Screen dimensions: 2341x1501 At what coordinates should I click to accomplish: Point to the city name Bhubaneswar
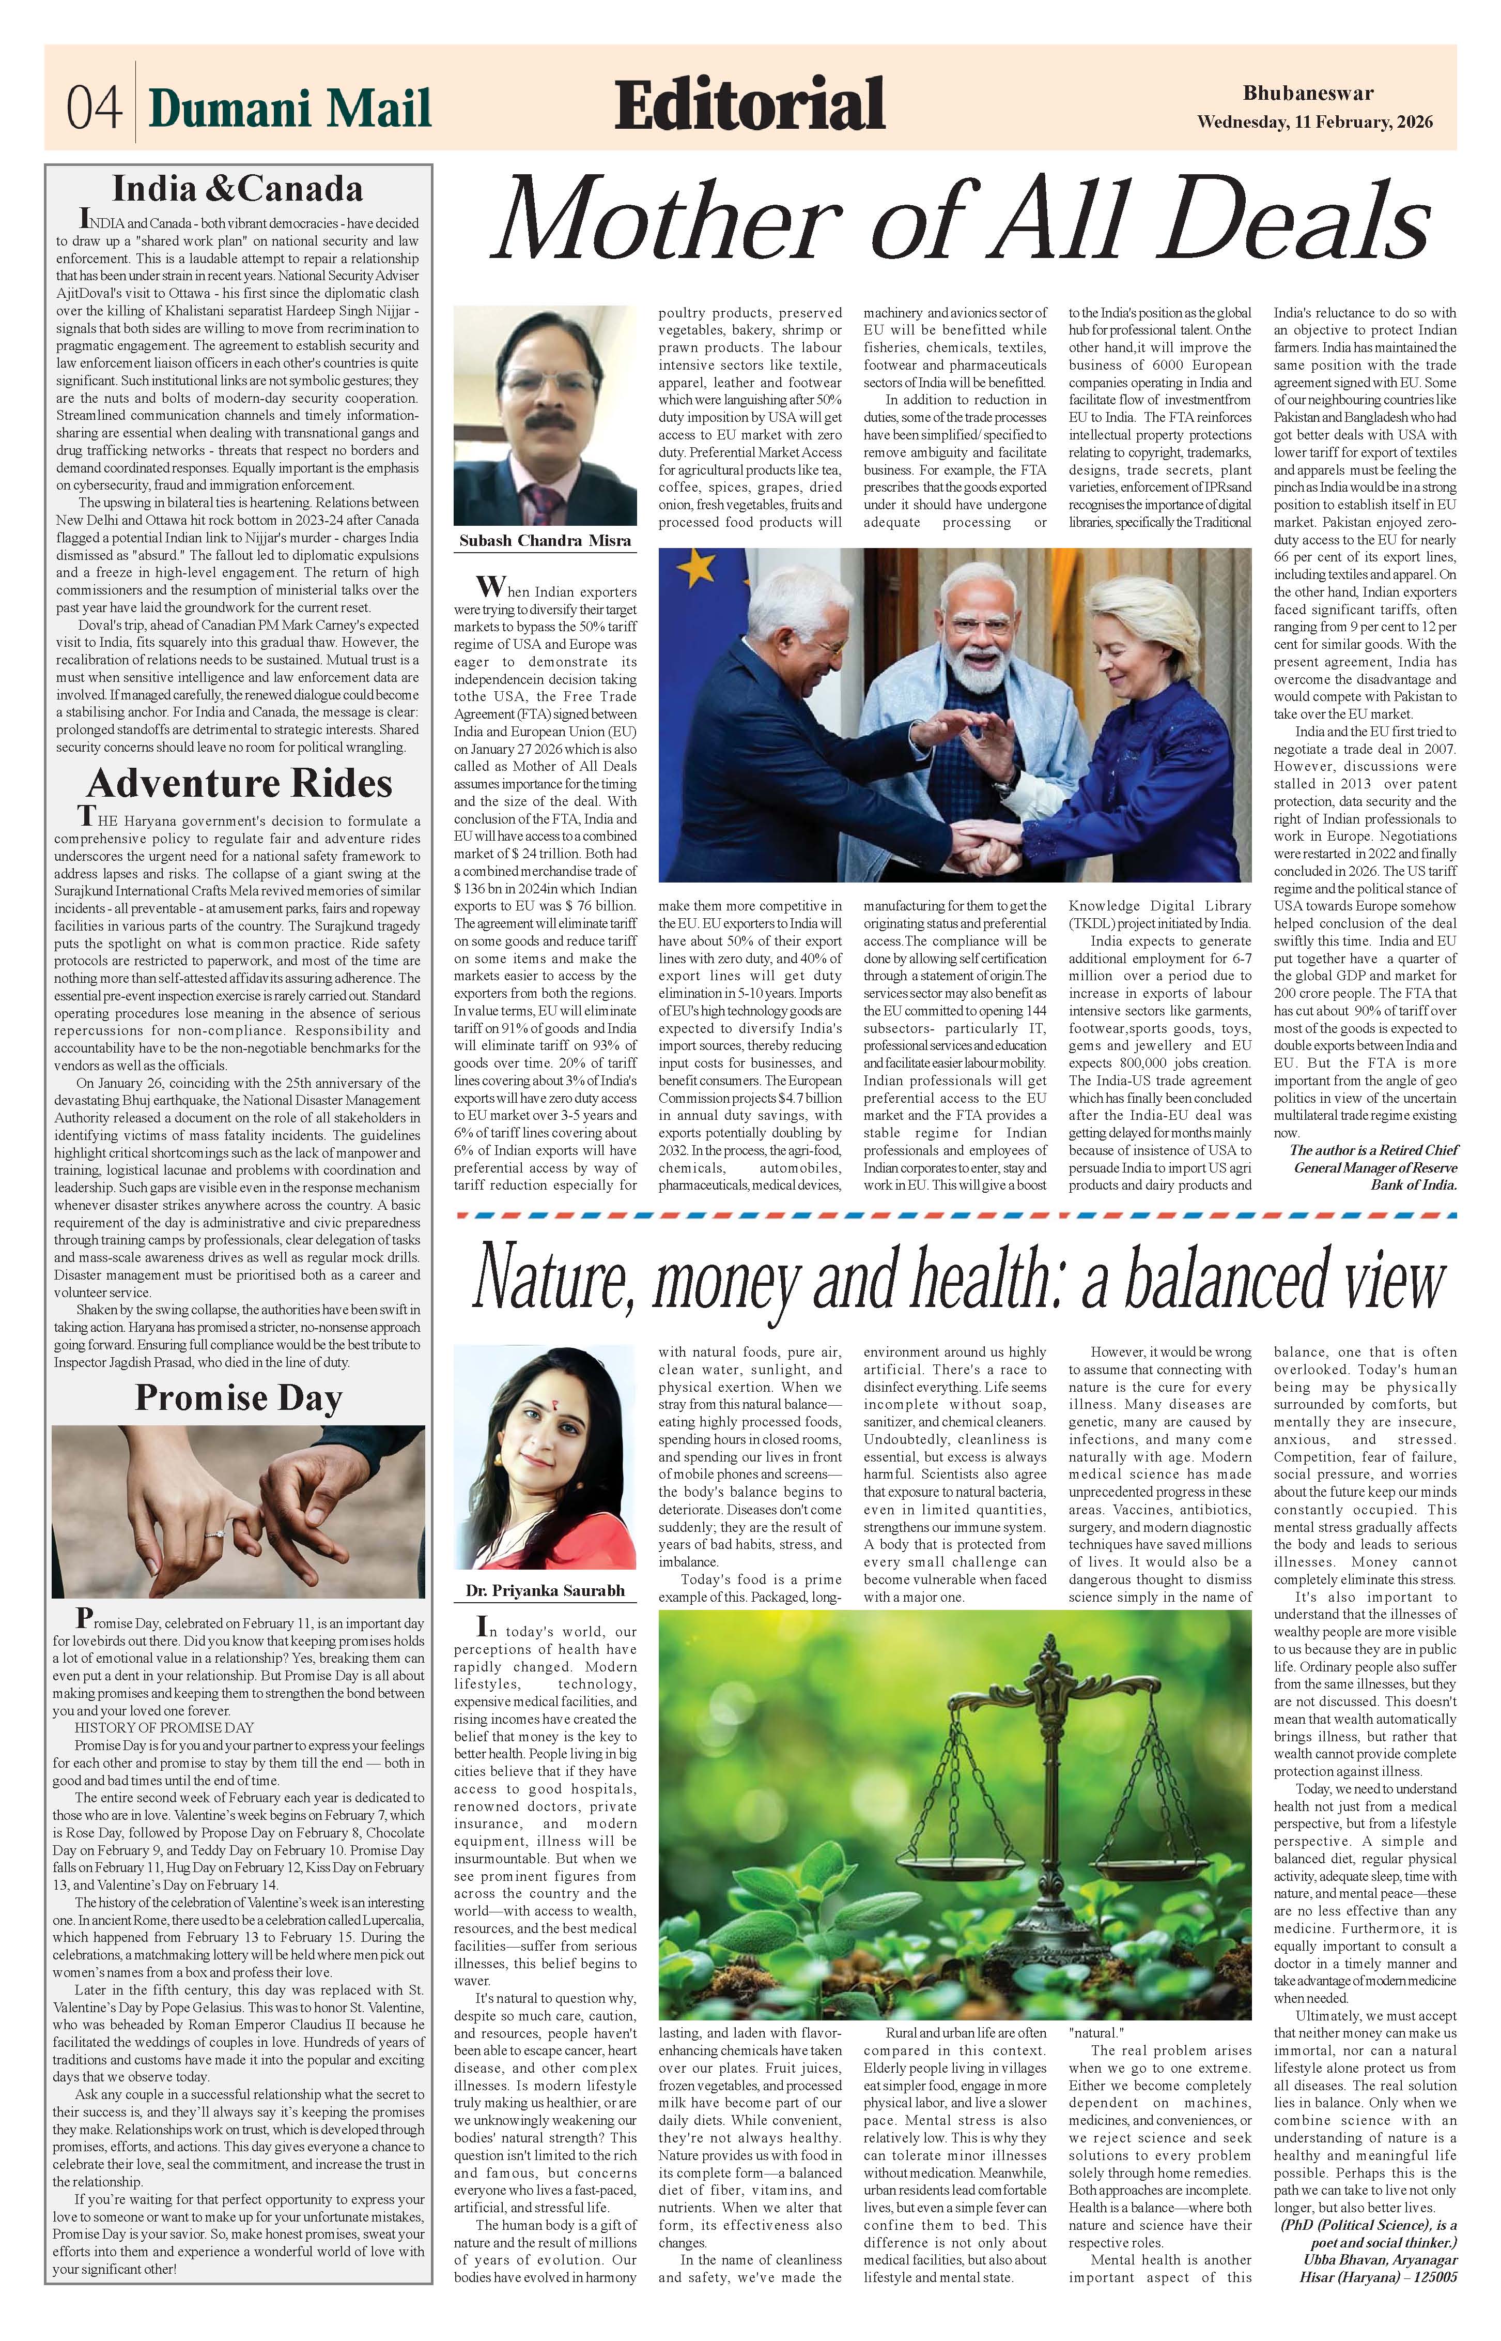tap(1308, 94)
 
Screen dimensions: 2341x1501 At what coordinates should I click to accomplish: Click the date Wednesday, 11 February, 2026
tap(1314, 123)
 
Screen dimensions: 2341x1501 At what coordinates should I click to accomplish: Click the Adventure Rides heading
tap(239, 784)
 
